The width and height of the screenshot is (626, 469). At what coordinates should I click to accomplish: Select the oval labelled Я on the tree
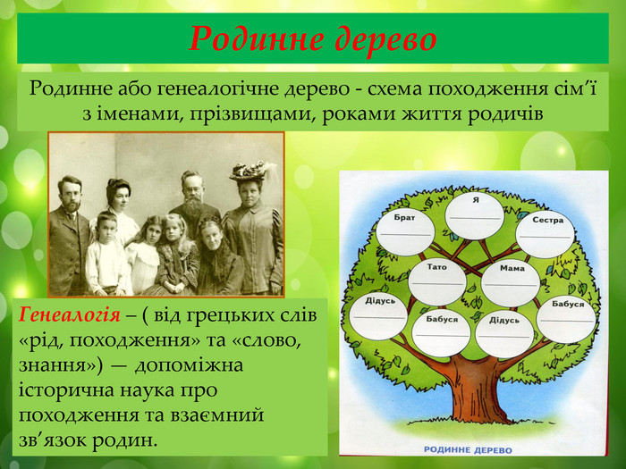(475, 215)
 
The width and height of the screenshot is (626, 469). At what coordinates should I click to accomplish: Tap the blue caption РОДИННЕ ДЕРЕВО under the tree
(468, 450)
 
